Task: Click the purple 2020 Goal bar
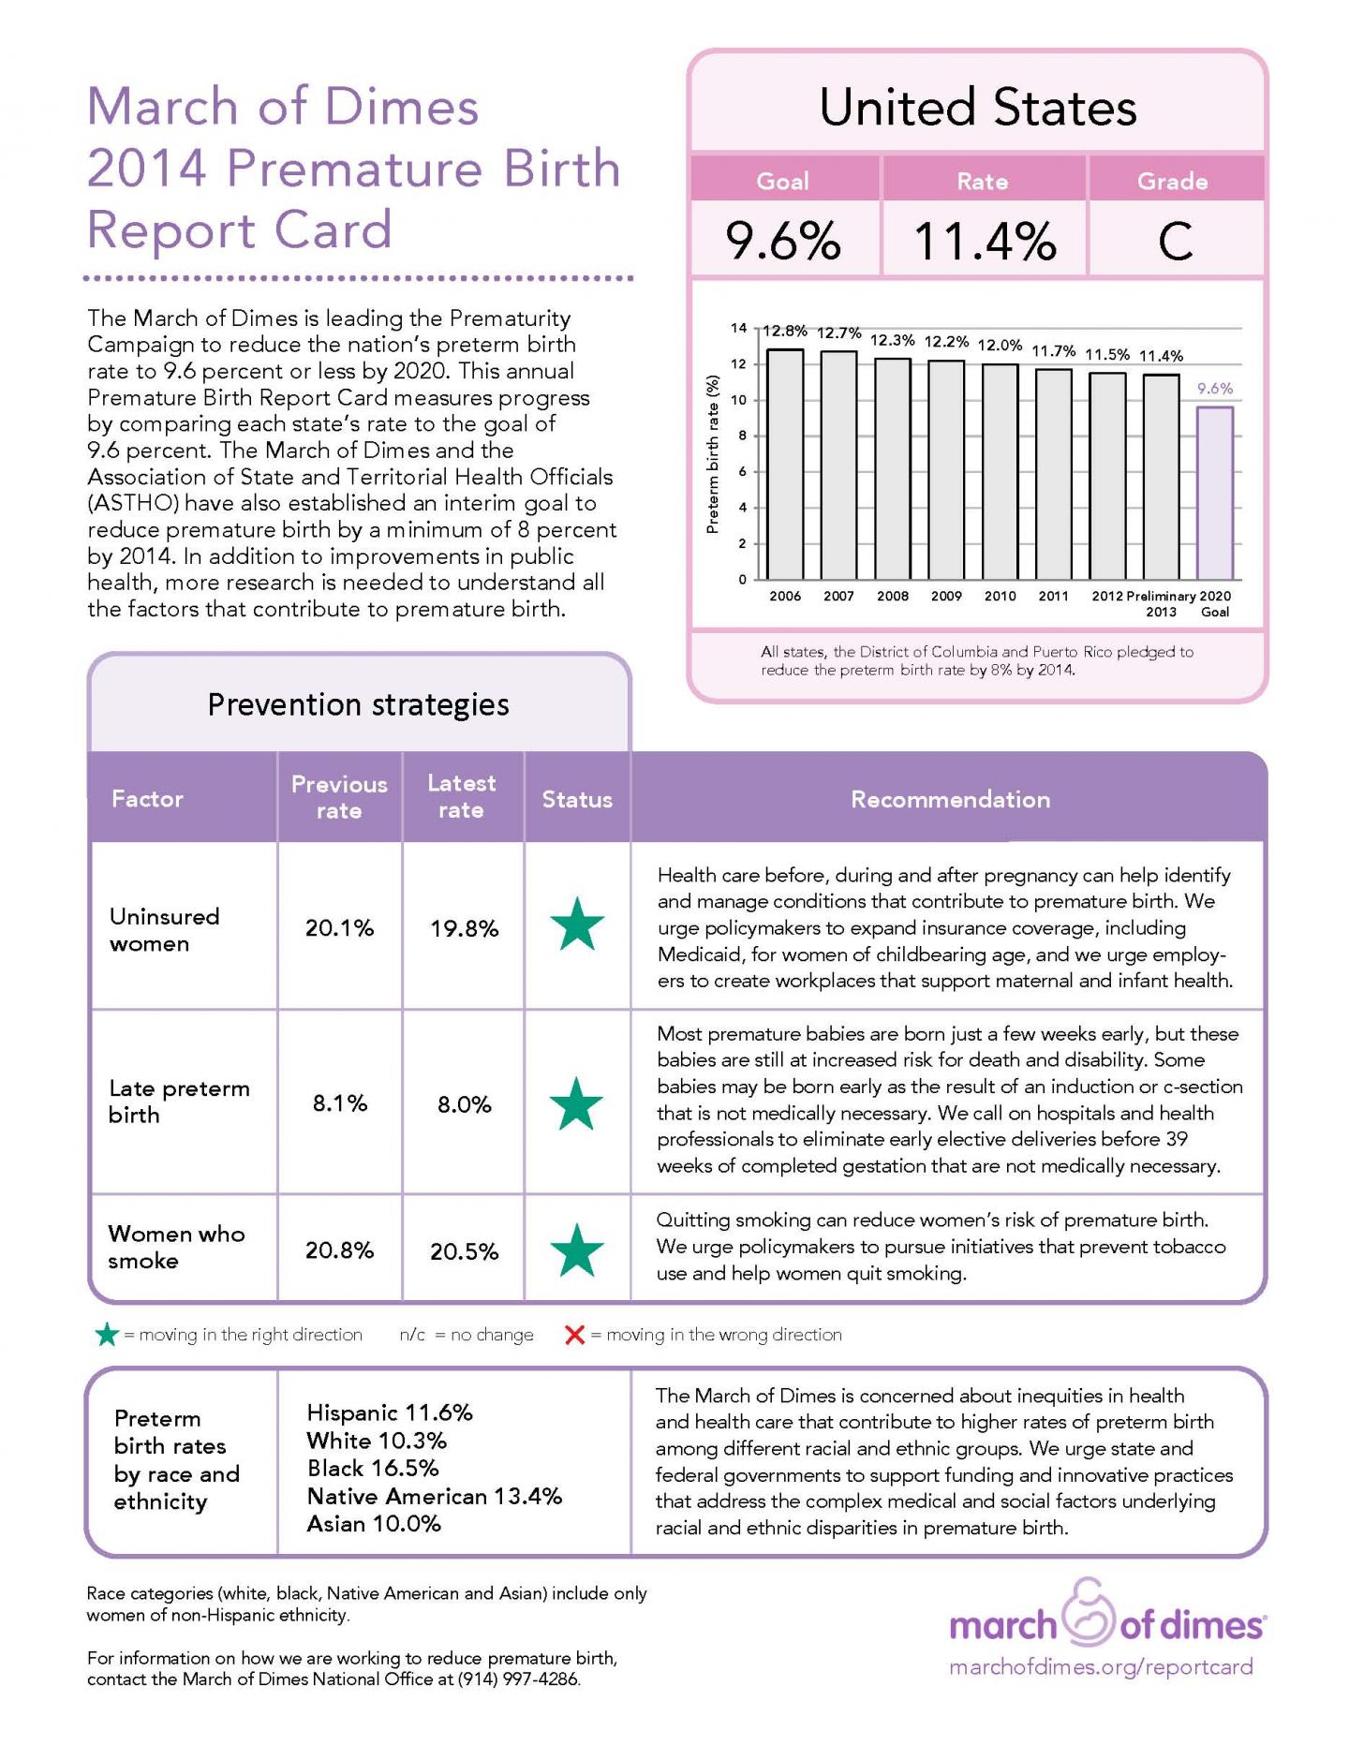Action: coord(1214,493)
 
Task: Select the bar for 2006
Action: coord(785,465)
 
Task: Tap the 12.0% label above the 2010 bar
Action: coord(1000,345)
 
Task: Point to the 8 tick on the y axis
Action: coord(742,436)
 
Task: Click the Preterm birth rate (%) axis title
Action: coord(713,454)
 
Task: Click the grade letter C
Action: coord(1175,242)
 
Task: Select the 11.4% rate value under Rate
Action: coord(984,242)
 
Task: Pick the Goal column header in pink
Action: coord(782,181)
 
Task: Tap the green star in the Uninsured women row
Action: coord(577,925)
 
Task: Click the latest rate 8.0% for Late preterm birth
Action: coord(464,1104)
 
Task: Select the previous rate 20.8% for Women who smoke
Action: coord(339,1250)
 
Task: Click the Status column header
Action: coord(577,799)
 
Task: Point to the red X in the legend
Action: coord(575,1334)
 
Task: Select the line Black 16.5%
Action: coord(373,1468)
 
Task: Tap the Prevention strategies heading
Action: coord(358,704)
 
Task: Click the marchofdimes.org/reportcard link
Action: coord(1101,1667)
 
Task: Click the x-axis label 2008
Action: coord(892,596)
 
